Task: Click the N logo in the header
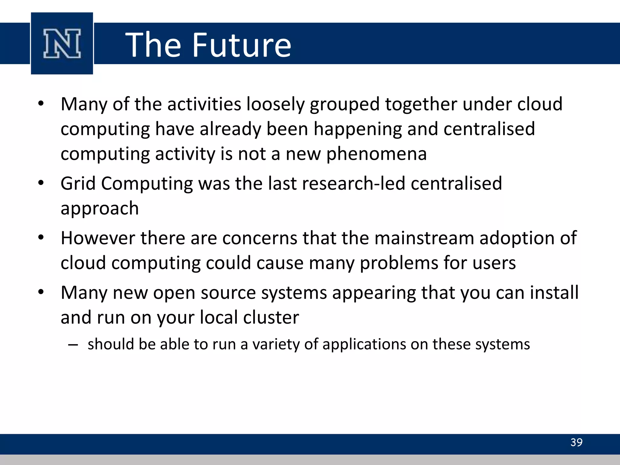(x=62, y=43)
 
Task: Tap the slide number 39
(x=576, y=442)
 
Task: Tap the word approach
(x=100, y=209)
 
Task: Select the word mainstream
(x=424, y=238)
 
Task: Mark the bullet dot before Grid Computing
(x=41, y=183)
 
